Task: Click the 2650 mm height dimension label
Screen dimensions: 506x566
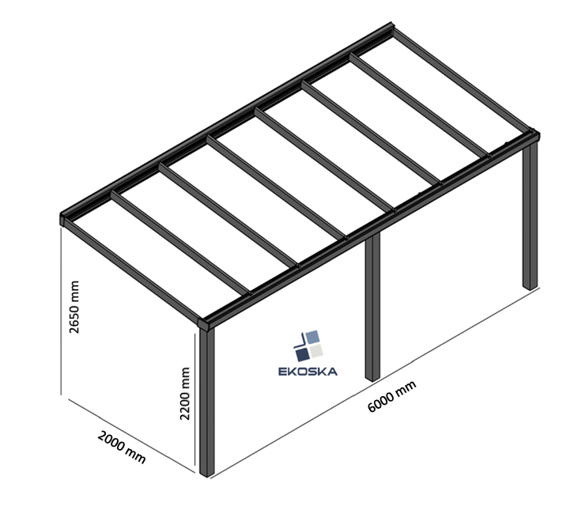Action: pyautogui.click(x=76, y=307)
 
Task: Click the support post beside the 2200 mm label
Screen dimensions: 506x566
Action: pyautogui.click(x=207, y=403)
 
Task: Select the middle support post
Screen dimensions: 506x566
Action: pyautogui.click(x=372, y=308)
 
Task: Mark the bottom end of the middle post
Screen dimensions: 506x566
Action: pyautogui.click(x=372, y=378)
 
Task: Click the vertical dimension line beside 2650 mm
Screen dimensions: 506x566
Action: pyautogui.click(x=63, y=316)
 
